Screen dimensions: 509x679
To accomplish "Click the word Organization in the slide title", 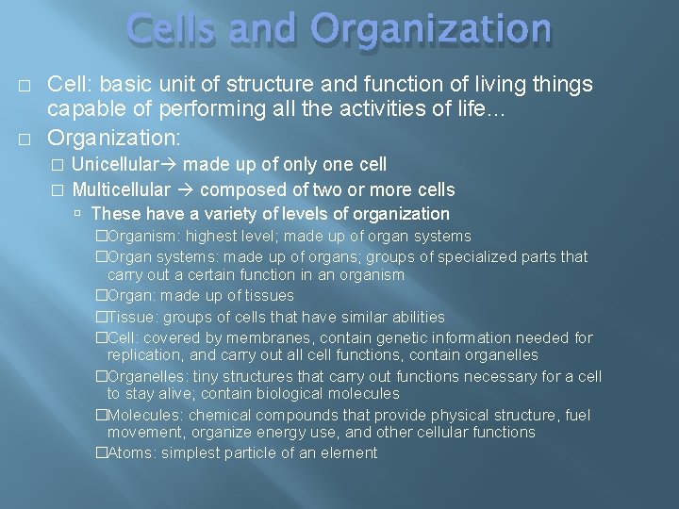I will (435, 29).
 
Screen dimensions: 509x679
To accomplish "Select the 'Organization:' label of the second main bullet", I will (110, 138).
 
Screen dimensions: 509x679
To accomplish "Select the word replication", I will (145, 355).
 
